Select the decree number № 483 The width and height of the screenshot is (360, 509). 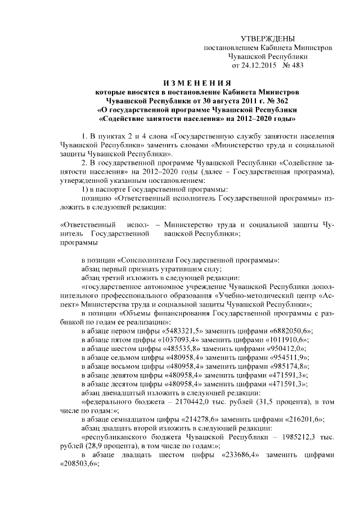click(283, 65)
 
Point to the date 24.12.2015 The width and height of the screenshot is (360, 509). click(251, 65)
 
